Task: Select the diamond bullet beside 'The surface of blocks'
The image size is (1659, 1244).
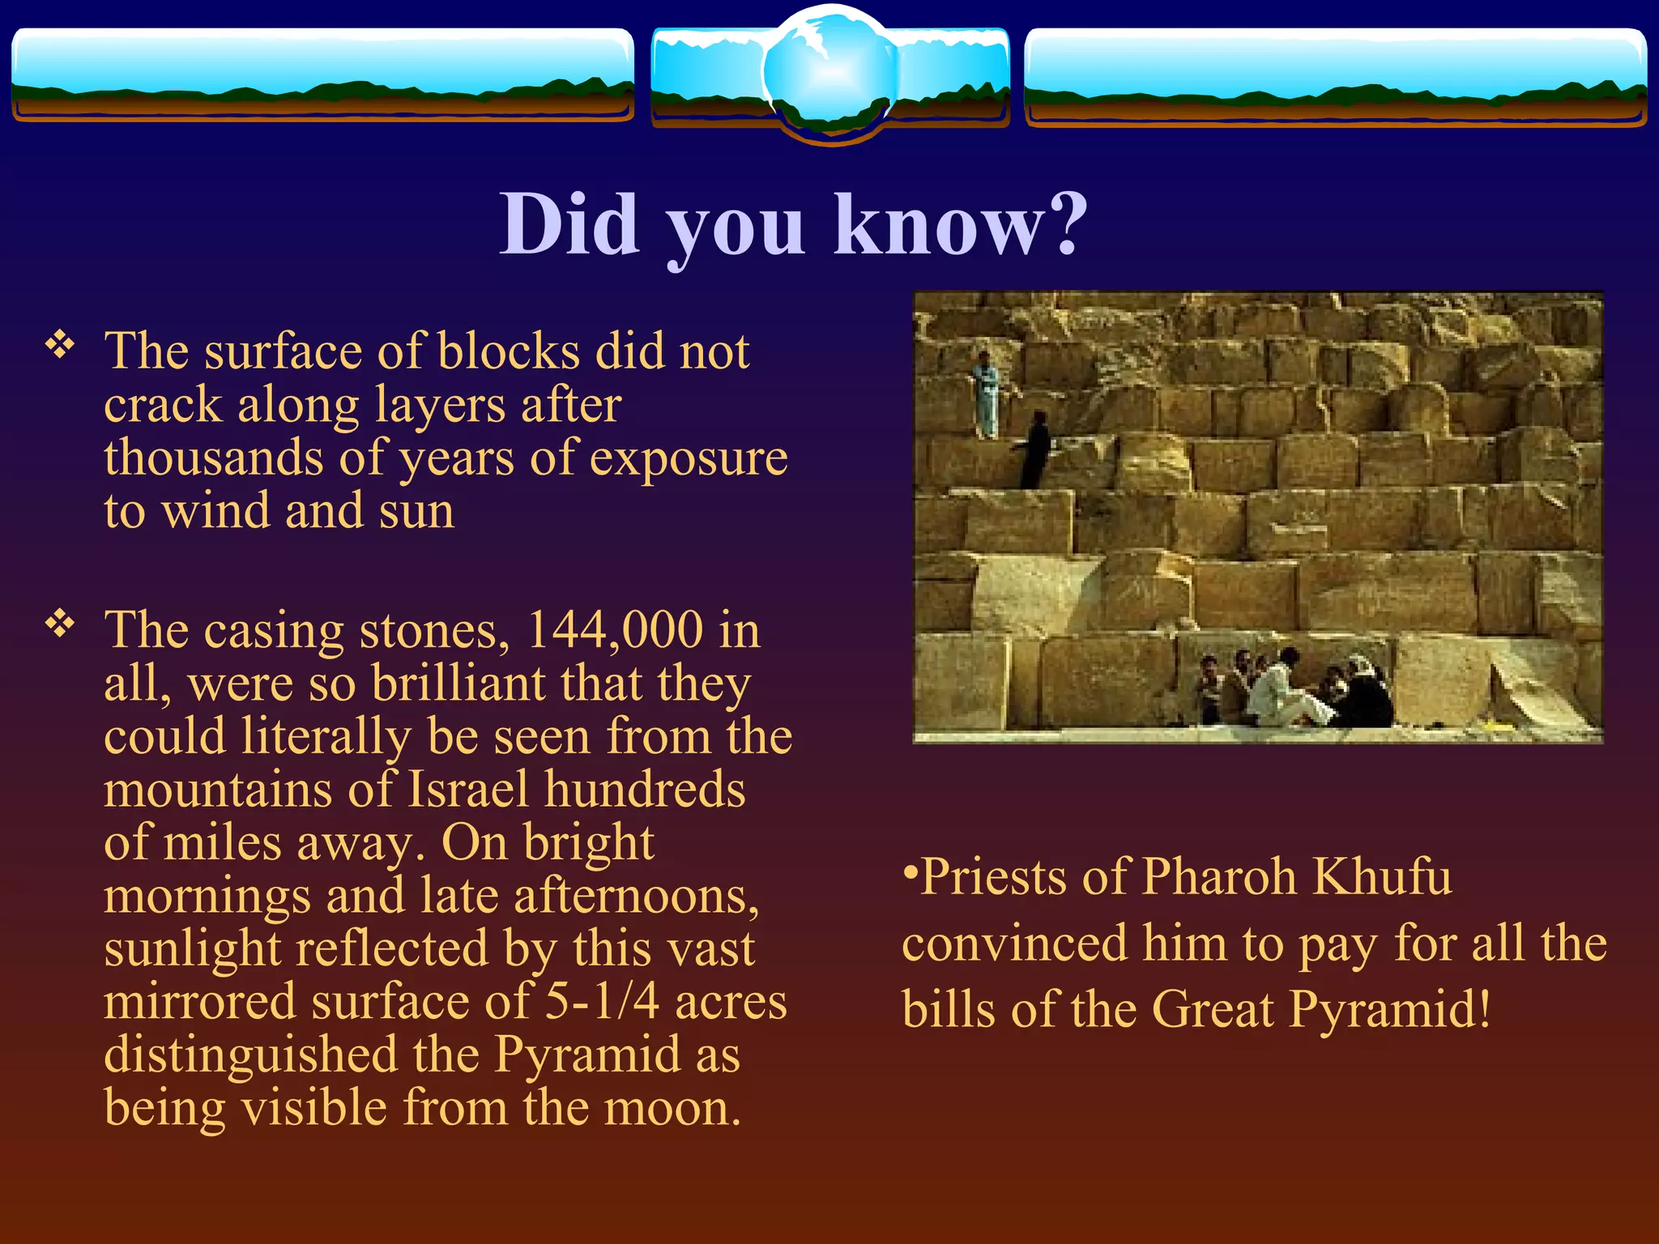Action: point(60,346)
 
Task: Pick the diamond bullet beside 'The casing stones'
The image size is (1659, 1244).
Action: point(60,624)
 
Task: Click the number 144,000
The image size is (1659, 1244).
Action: point(615,630)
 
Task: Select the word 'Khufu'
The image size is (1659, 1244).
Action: point(1381,877)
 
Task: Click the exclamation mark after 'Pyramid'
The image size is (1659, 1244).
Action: point(1483,1009)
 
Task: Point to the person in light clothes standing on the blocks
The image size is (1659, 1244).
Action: point(985,394)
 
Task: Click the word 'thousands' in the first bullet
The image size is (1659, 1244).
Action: point(214,458)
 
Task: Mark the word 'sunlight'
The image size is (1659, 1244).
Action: point(192,949)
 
